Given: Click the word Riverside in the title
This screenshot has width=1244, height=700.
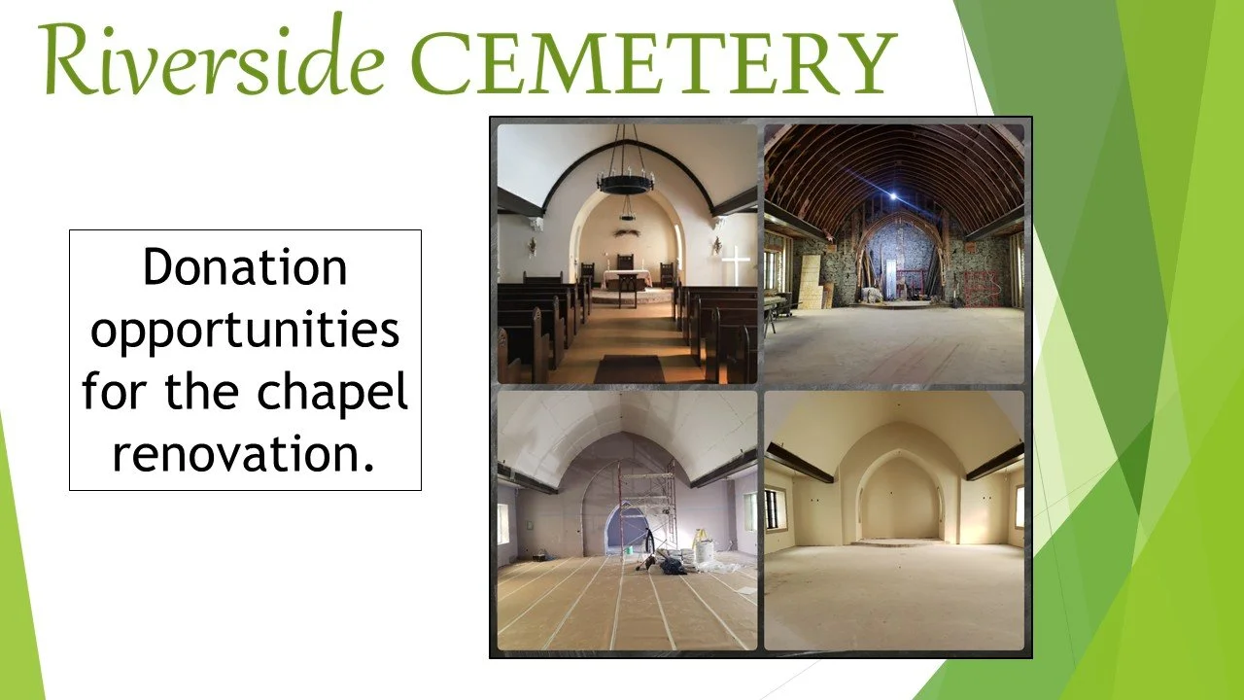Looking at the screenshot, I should tap(209, 60).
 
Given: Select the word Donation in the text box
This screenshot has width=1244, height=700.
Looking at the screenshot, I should tap(245, 268).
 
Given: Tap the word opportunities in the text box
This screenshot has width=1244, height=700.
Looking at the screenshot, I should tap(245, 331).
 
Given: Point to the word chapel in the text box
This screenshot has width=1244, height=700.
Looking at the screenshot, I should tap(332, 392).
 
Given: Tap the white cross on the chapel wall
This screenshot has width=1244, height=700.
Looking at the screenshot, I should tap(736, 263).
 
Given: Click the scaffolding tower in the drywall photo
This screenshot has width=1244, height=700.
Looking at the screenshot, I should tap(648, 510).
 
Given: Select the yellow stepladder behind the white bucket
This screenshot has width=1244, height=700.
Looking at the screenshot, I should tap(700, 537).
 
